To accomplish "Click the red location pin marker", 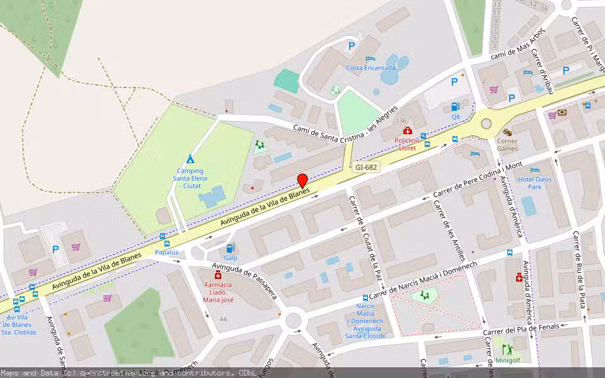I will (302, 180).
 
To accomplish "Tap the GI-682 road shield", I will (366, 168).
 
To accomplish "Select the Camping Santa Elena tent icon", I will (190, 159).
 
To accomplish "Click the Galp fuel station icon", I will (231, 248).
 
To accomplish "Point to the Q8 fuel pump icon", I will (455, 106).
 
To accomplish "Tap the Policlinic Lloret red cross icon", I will (407, 130).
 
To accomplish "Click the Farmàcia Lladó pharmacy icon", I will (218, 275).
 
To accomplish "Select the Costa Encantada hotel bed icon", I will (371, 59).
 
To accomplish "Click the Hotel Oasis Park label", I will (534, 183).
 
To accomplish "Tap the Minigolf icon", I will (507, 349).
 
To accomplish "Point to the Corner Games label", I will (507, 145).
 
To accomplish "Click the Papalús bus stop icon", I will (166, 243).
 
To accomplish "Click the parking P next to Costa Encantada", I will (352, 45).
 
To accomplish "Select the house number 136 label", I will (401, 120).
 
